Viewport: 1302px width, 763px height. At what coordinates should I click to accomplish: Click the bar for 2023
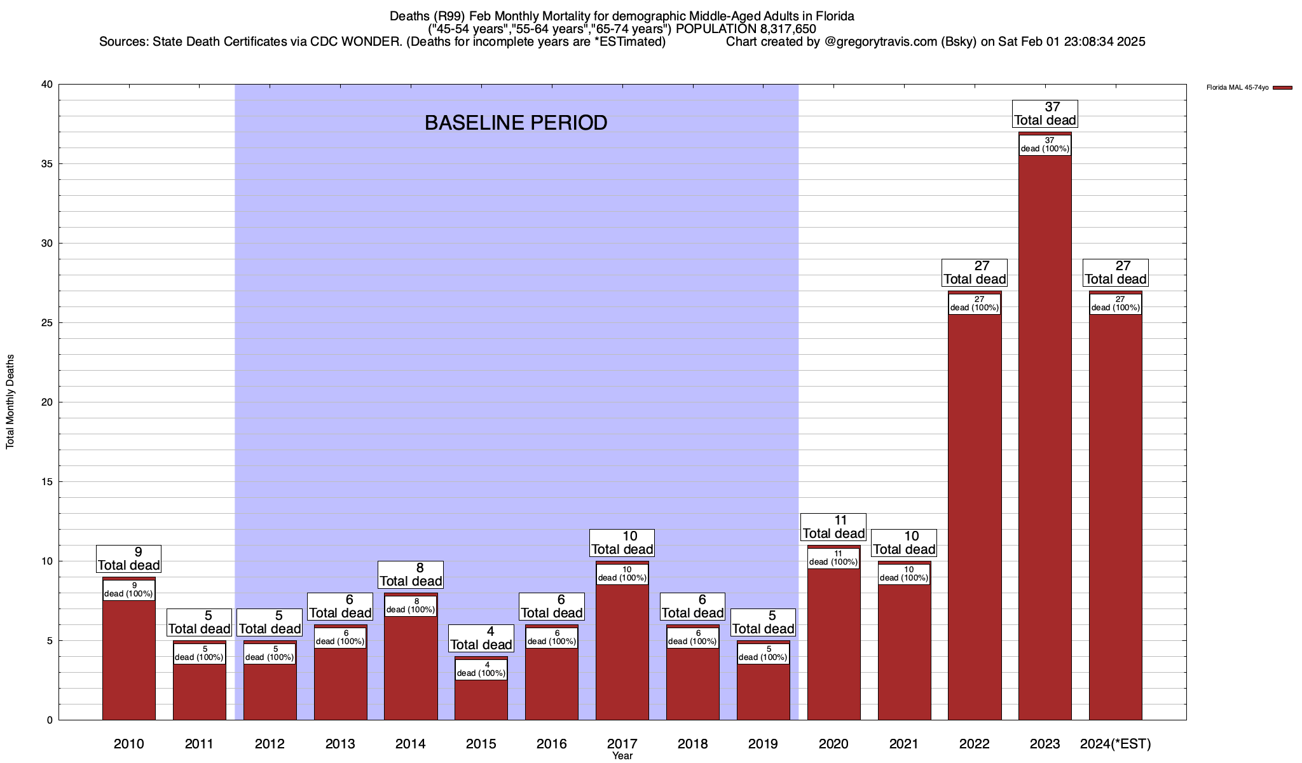pos(1045,445)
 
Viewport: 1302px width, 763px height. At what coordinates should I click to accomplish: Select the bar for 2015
pos(481,699)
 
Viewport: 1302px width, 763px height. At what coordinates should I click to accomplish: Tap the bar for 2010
pos(128,661)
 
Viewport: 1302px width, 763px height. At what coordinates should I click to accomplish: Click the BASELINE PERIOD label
pos(516,123)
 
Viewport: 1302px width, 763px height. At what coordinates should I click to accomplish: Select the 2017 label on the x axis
pos(622,743)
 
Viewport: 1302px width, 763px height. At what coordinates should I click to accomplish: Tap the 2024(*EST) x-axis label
pos(1115,743)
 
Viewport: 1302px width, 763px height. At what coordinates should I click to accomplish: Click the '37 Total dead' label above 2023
pos(1045,114)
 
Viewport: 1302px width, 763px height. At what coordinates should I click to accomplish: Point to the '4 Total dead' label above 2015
pos(481,638)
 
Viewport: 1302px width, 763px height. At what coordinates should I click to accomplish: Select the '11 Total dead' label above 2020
pos(833,527)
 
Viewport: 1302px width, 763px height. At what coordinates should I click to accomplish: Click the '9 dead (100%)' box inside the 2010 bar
pos(128,590)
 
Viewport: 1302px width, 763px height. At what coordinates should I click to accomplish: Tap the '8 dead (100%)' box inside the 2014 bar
pos(411,606)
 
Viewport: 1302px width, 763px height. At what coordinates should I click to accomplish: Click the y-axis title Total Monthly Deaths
pos(10,402)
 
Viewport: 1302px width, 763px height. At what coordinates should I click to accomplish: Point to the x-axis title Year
pos(622,756)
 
